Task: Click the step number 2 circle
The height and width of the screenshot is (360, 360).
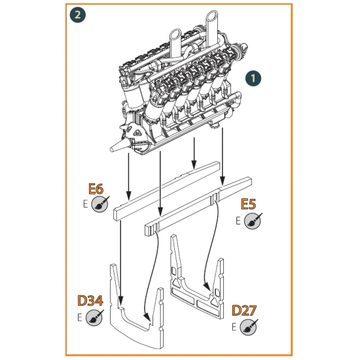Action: click(78, 14)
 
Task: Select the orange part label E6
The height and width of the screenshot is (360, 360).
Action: click(96, 190)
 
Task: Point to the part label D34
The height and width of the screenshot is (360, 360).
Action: click(90, 301)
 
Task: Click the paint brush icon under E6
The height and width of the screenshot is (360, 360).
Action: click(99, 205)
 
